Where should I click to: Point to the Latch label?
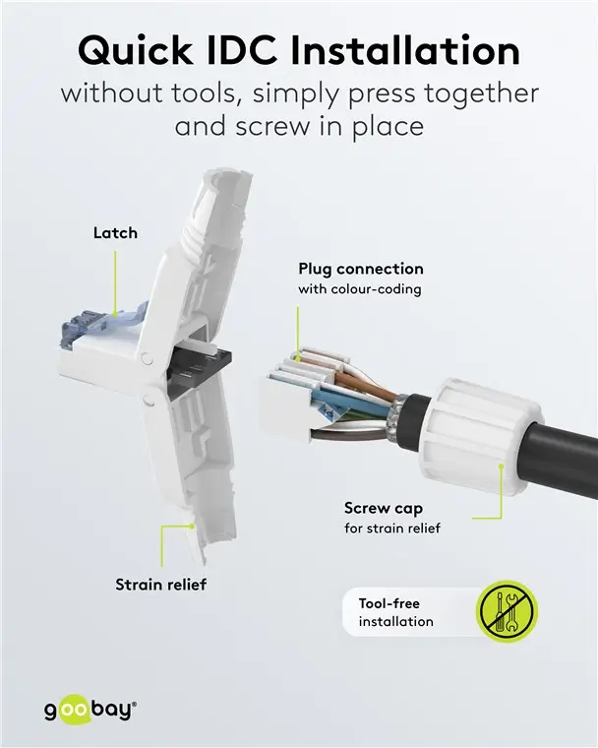(x=115, y=233)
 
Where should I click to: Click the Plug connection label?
(x=360, y=269)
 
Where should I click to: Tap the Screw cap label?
(x=384, y=508)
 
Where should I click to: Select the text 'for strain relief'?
(x=391, y=529)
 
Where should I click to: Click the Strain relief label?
(x=160, y=585)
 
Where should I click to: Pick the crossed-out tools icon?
(x=507, y=611)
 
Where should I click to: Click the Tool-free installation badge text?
(x=395, y=612)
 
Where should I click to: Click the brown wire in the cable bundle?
(x=348, y=380)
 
